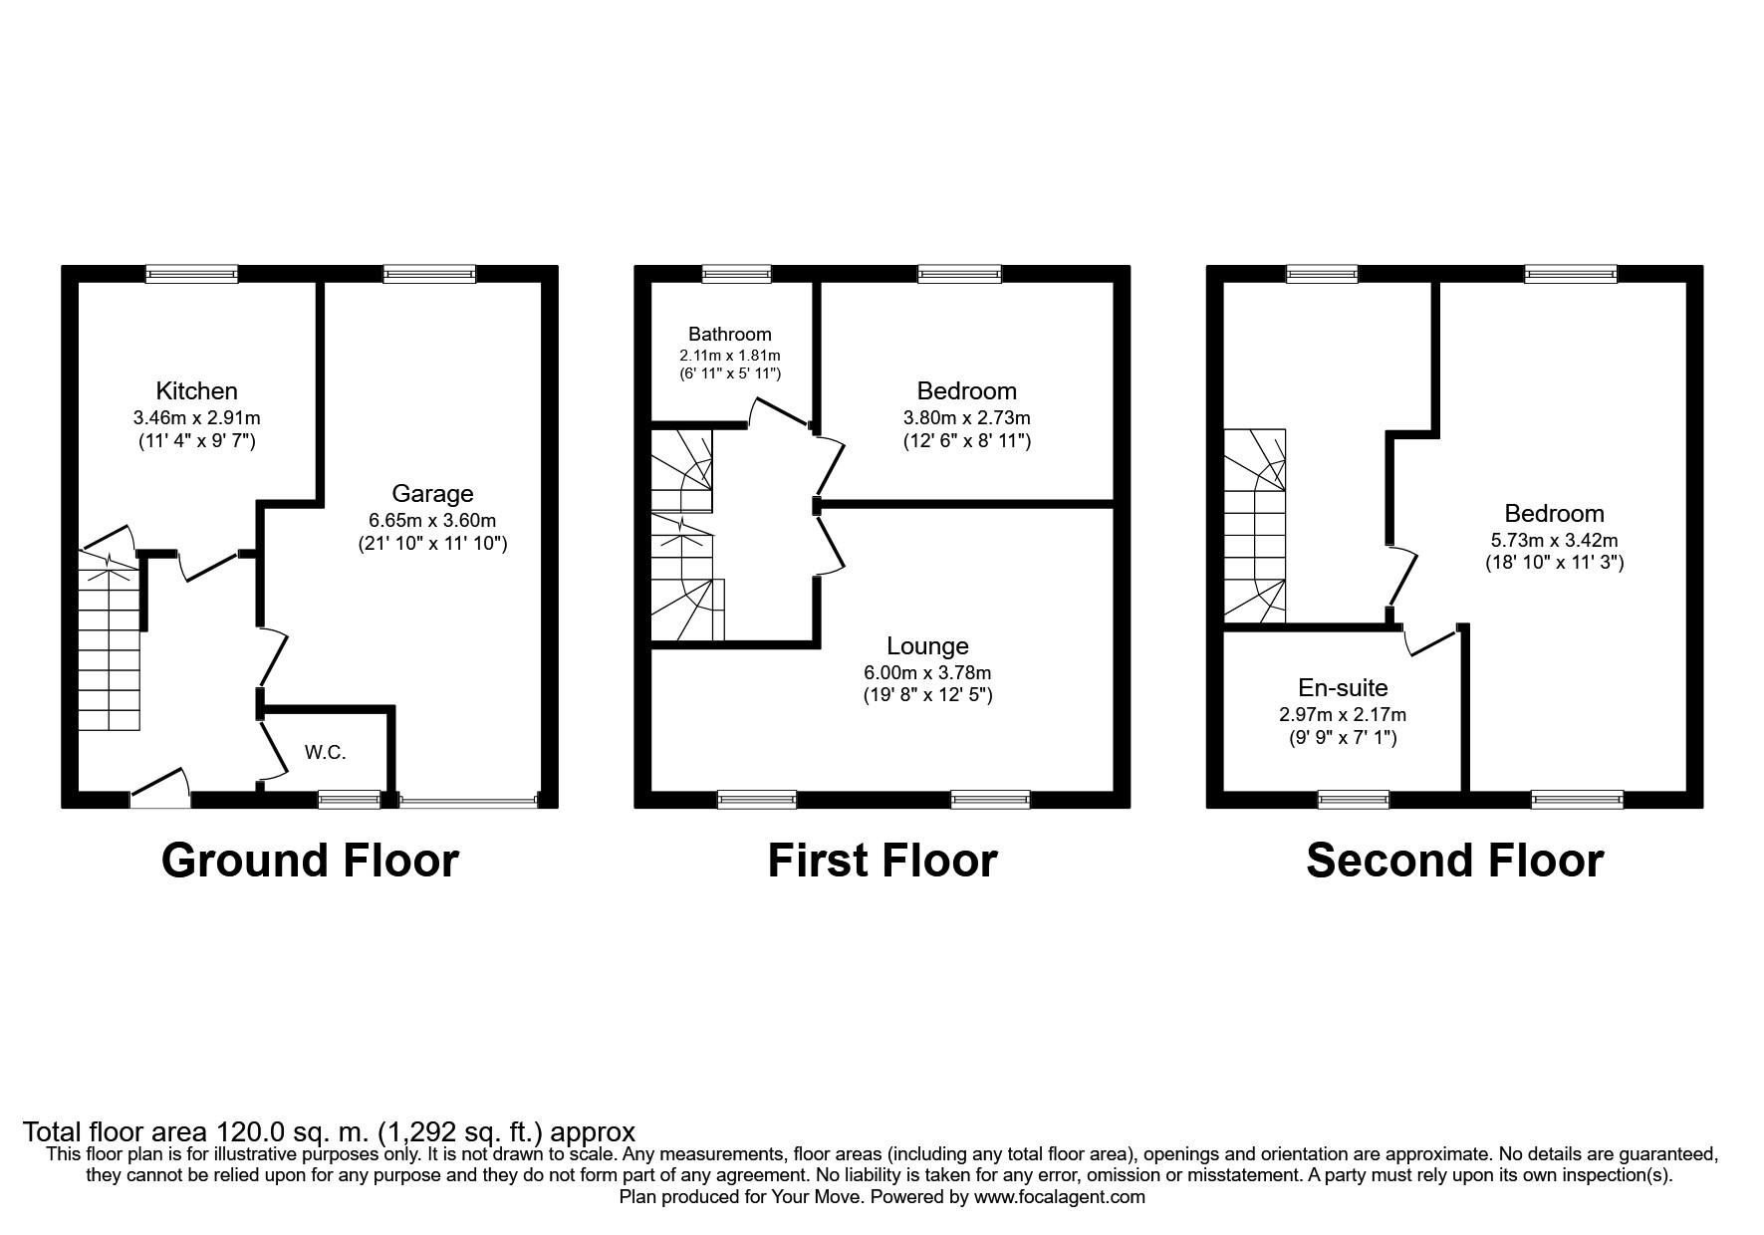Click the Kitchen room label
click(x=196, y=391)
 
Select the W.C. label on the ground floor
click(x=325, y=753)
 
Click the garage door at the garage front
click(x=467, y=799)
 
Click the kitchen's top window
click(x=192, y=273)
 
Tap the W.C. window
click(x=349, y=799)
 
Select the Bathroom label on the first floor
click(x=729, y=335)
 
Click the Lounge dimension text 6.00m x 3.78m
click(x=927, y=673)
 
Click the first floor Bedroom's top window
click(x=959, y=273)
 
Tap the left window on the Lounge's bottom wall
click(x=757, y=799)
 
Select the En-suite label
click(x=1343, y=687)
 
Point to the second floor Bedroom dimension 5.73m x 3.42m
click(x=1554, y=541)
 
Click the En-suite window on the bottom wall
click(x=1353, y=799)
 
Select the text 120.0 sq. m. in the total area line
click(x=294, y=1132)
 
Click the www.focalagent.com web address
click(x=1059, y=1197)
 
